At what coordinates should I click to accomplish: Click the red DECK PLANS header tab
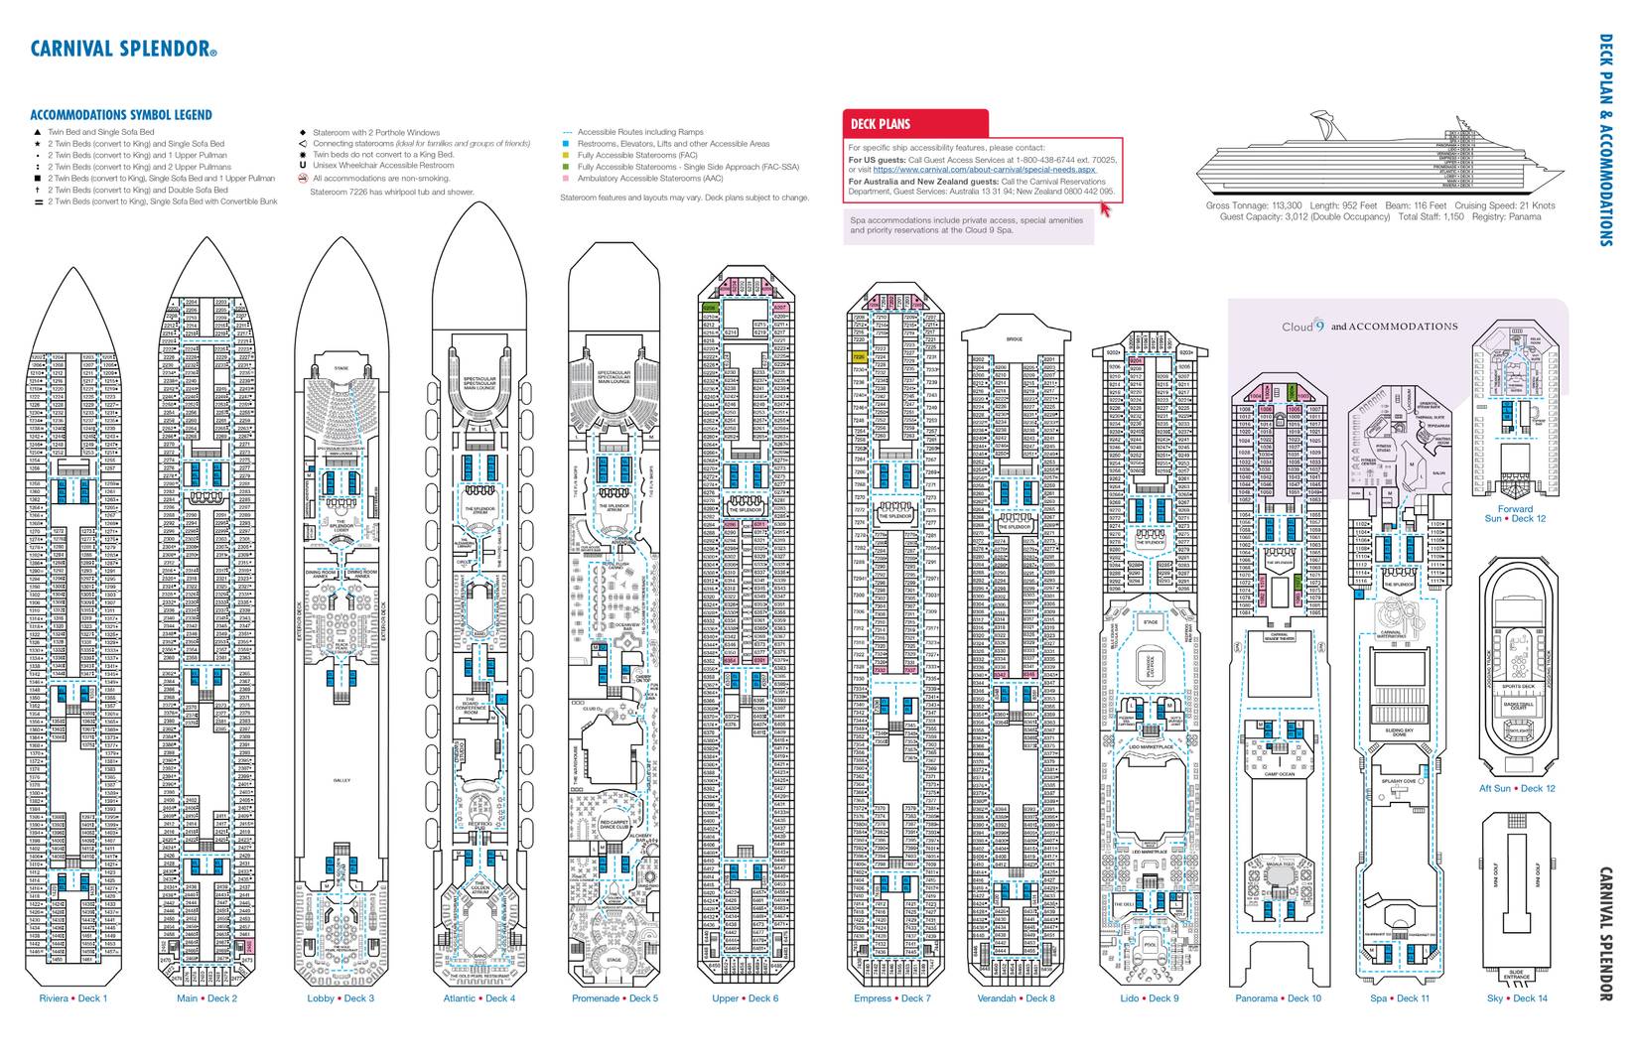coord(880,124)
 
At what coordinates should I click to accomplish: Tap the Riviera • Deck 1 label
coord(72,998)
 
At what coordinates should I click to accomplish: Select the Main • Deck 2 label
coord(206,998)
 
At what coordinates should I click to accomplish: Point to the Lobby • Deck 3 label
coord(341,998)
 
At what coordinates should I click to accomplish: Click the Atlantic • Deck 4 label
coord(478,998)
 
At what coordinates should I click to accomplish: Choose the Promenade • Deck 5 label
coord(614,998)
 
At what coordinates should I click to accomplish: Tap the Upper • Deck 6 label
coord(745,998)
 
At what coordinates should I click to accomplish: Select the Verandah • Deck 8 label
coord(1016,998)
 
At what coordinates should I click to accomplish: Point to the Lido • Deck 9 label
coord(1149,998)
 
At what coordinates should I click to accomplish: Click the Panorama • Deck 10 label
coord(1278,998)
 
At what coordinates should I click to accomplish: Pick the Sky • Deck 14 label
coord(1517,998)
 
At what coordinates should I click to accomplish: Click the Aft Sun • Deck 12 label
coord(1517,788)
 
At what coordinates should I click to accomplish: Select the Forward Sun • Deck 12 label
coord(1515,513)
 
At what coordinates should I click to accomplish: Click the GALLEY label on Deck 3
coord(341,780)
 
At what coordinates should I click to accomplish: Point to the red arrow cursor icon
coord(1105,209)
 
